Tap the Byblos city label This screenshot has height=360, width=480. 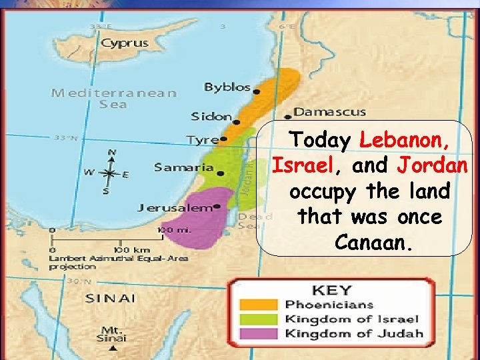coord(227,87)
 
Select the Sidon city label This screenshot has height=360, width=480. coord(211,117)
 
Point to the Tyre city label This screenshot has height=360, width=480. coord(202,140)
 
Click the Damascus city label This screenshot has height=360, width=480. coord(330,112)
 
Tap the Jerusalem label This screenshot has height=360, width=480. coord(174,207)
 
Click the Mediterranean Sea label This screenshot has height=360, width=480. coord(113,98)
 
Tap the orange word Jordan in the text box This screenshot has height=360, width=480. coord(433,165)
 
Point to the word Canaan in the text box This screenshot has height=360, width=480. coord(370,243)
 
